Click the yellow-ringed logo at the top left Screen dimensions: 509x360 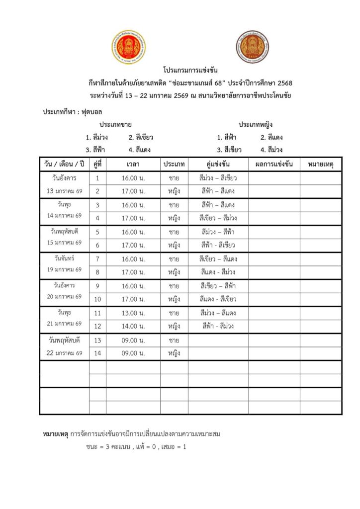(x=128, y=47)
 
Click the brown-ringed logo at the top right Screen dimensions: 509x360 (x=252, y=47)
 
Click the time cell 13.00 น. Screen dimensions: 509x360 (x=133, y=313)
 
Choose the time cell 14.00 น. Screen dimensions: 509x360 (x=133, y=327)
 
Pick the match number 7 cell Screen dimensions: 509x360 (x=97, y=259)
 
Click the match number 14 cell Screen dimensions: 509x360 (x=97, y=353)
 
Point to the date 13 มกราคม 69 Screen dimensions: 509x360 (x=64, y=191)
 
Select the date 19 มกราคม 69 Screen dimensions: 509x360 (x=64, y=270)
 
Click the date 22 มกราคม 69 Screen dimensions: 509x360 (x=64, y=353)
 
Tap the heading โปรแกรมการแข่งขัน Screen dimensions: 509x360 (x=190, y=70)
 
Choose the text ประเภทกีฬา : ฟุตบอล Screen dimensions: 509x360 (x=68, y=112)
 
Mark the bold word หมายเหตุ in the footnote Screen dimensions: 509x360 (x=55, y=434)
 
